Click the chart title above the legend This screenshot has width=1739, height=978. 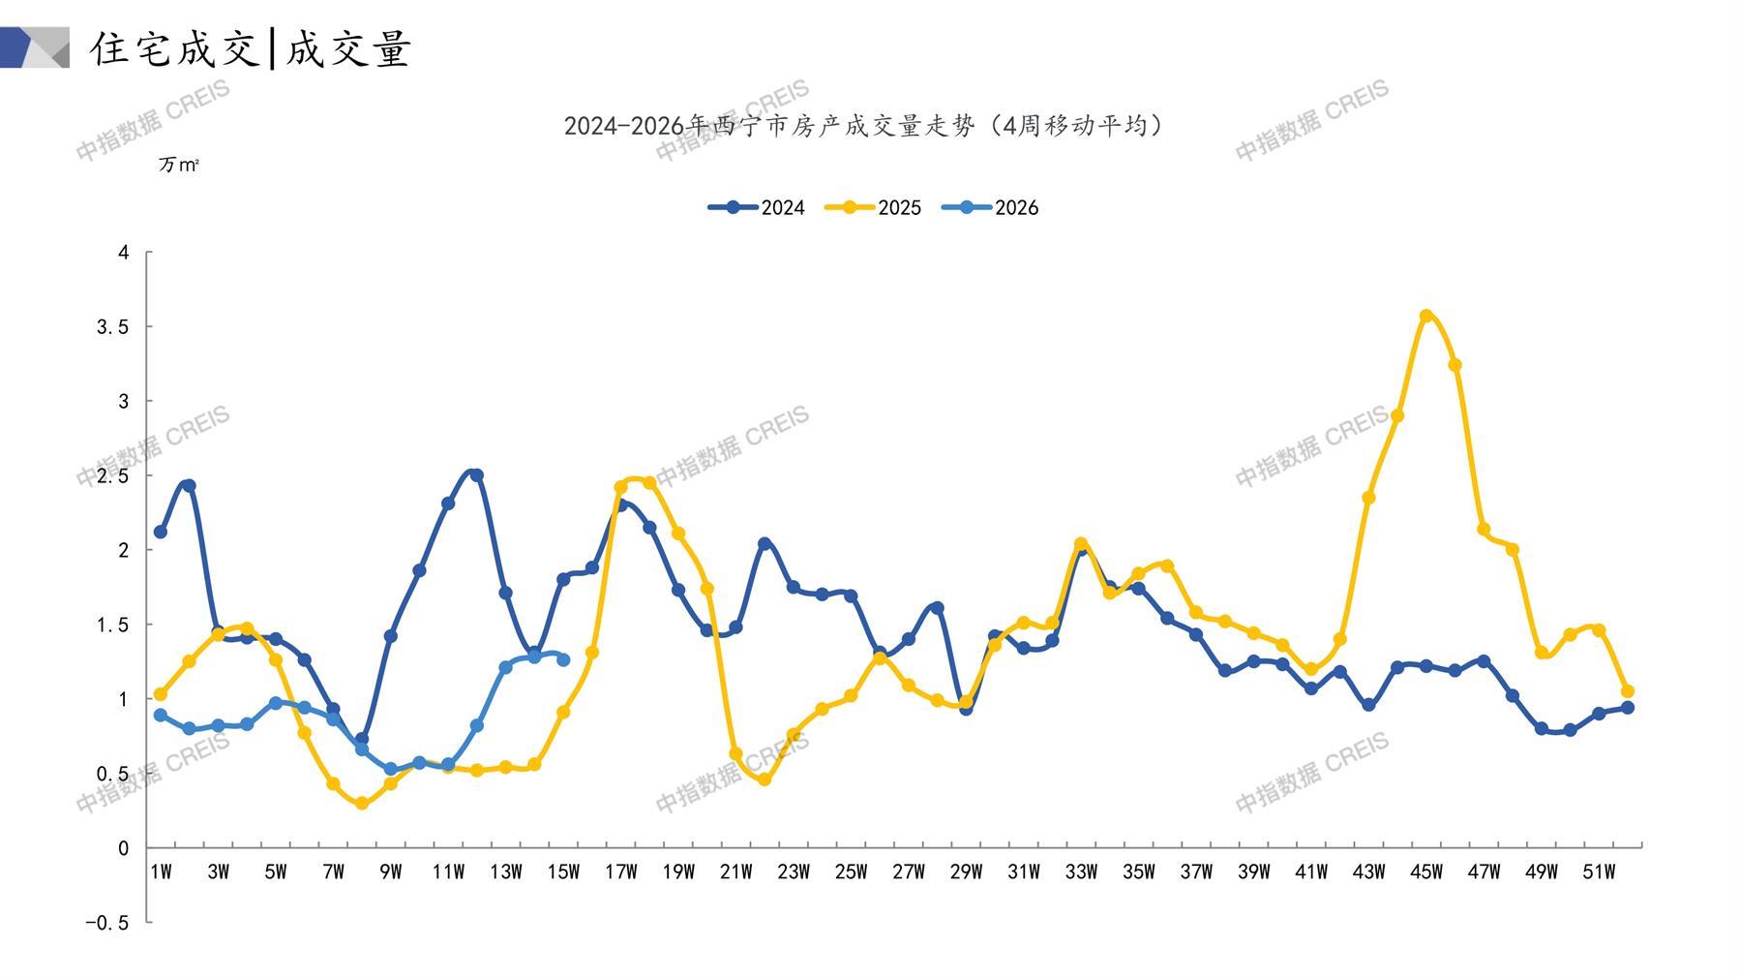(x=863, y=126)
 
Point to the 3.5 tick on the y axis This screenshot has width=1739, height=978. (x=112, y=327)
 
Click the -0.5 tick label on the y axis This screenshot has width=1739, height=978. (x=106, y=923)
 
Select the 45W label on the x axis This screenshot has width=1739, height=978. (x=1425, y=872)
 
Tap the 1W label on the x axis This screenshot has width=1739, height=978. (x=161, y=872)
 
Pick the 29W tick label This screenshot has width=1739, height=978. (x=966, y=872)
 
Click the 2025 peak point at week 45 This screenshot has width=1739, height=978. (x=1425, y=316)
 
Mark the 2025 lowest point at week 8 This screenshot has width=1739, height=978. (x=362, y=804)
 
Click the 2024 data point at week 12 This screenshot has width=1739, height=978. (x=477, y=475)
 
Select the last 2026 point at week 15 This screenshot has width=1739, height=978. (x=563, y=659)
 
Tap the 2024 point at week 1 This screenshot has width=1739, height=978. (x=161, y=532)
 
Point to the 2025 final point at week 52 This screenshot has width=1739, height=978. (x=1628, y=691)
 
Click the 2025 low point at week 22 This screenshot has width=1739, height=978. (x=765, y=779)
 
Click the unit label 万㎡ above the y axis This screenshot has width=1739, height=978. (x=178, y=166)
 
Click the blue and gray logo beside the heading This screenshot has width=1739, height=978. (x=35, y=47)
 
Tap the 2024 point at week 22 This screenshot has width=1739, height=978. (x=765, y=543)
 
